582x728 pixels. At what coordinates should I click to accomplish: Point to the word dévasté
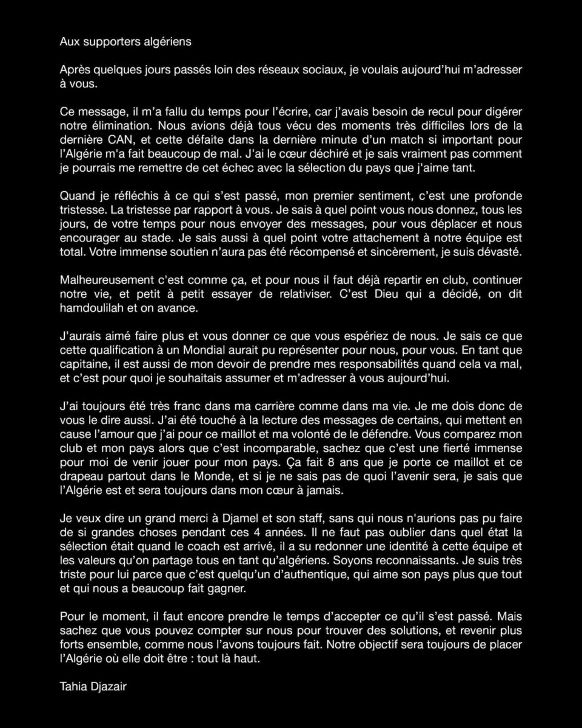click(500, 251)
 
